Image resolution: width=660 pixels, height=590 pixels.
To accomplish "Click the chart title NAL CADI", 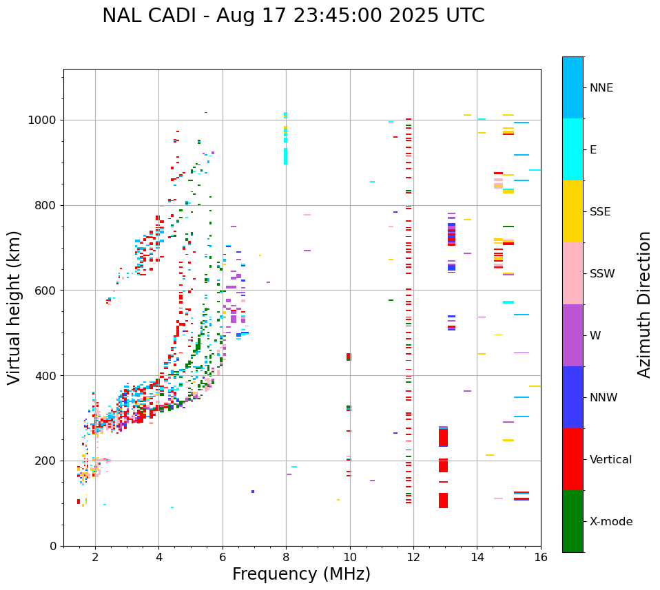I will point(293,16).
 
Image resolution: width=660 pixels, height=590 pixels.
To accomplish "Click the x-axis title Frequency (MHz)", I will point(301,574).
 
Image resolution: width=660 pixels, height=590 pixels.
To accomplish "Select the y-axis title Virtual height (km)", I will point(14,307).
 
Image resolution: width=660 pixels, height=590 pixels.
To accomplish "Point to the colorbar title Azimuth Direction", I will point(644,304).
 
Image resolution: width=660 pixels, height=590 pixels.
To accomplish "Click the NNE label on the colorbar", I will point(601,88).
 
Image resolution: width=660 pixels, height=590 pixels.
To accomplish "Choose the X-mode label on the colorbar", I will point(610,522).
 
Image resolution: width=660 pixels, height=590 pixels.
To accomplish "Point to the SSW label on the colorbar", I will point(602,274).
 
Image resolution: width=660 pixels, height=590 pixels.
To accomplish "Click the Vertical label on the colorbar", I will point(610,460).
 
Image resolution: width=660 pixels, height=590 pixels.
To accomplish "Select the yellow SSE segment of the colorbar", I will point(573,211).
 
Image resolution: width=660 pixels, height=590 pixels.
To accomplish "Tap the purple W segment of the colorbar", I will point(573,335).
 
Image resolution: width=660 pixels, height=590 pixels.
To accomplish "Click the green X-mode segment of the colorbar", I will point(573,521).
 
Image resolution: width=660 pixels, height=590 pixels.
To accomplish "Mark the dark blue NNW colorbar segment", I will point(573,397).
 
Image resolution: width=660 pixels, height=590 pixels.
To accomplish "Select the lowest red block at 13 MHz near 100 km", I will point(443,501).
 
